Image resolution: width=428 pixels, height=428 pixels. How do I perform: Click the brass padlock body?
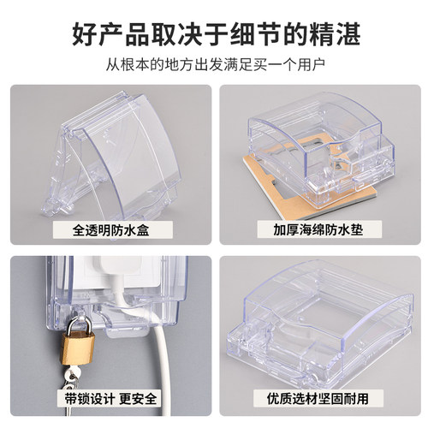(78, 348)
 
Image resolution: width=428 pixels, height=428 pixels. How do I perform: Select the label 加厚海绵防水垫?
(318, 230)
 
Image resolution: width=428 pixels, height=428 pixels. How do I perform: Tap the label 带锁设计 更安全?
(110, 398)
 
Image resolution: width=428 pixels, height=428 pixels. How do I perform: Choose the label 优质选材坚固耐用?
(318, 398)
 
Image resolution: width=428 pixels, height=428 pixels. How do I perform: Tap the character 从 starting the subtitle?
(113, 65)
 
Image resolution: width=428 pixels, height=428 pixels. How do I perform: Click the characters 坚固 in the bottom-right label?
(330, 398)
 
